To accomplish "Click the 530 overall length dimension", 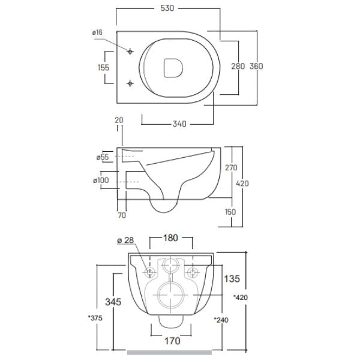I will pyautogui.click(x=167, y=10).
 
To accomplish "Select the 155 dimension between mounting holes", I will pyautogui.click(x=103, y=68).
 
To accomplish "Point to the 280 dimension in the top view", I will pyautogui.click(x=238, y=66).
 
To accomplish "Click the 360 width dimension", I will pyautogui.click(x=257, y=66).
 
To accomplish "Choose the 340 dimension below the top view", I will pyautogui.click(x=179, y=124).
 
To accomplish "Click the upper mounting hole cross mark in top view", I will pyautogui.click(x=130, y=52).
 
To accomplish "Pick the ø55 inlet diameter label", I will pyautogui.click(x=103, y=157).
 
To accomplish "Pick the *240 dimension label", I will pyautogui.click(x=221, y=319).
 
